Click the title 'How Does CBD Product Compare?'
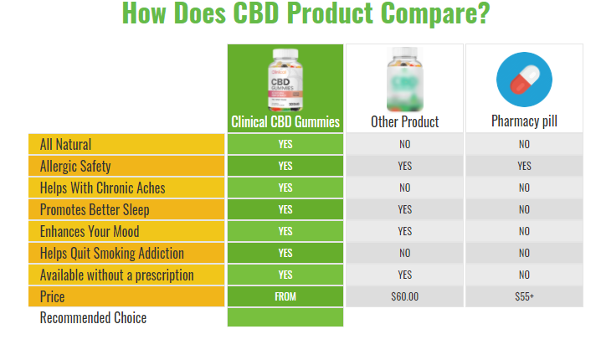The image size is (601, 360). pos(306,15)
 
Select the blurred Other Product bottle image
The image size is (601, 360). pos(405,80)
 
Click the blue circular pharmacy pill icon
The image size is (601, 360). pos(524,80)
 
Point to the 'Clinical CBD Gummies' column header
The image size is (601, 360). pos(285,121)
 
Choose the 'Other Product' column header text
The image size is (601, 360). pos(405,121)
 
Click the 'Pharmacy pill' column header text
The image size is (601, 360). pos(524,121)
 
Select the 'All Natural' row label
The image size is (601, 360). pos(66,144)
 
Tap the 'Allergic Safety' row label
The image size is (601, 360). pos(75,166)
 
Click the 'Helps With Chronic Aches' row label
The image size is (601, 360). pos(102,188)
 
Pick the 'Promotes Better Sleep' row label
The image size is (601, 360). pos(95,209)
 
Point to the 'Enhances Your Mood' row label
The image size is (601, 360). pos(90,231)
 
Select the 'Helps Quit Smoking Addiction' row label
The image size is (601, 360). pos(112,253)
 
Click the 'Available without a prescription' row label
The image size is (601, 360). pos(117,275)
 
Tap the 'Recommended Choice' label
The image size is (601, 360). pos(93,318)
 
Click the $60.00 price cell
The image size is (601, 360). pos(405,296)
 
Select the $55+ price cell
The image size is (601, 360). pos(524,296)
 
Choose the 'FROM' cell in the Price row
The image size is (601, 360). pos(285,296)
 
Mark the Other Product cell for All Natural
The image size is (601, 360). pos(405,144)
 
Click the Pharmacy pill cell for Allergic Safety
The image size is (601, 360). pos(524,166)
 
